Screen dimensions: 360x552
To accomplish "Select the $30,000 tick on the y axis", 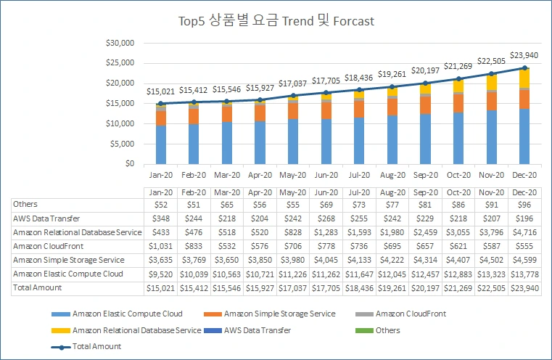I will [x=120, y=43].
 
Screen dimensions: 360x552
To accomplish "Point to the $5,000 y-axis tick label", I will [x=122, y=144].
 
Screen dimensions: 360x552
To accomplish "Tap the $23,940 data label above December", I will [x=524, y=55].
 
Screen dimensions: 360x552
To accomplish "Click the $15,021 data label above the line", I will [x=160, y=91].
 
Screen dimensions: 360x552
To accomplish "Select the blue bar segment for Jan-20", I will [x=160, y=144].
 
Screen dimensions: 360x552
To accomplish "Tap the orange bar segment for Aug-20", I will [x=392, y=107].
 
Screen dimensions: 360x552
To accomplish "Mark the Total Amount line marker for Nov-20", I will [x=491, y=73].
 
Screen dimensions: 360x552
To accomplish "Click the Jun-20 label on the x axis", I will [x=326, y=175].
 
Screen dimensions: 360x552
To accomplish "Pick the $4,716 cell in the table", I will [x=524, y=232].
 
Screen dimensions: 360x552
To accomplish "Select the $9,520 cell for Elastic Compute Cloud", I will [x=160, y=274].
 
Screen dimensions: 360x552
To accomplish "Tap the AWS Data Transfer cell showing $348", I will [x=160, y=218].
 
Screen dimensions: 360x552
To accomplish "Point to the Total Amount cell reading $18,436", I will [x=358, y=287].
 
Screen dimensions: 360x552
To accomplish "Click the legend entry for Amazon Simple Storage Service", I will [x=280, y=314].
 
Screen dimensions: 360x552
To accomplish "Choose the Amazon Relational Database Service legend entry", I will [x=137, y=330].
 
